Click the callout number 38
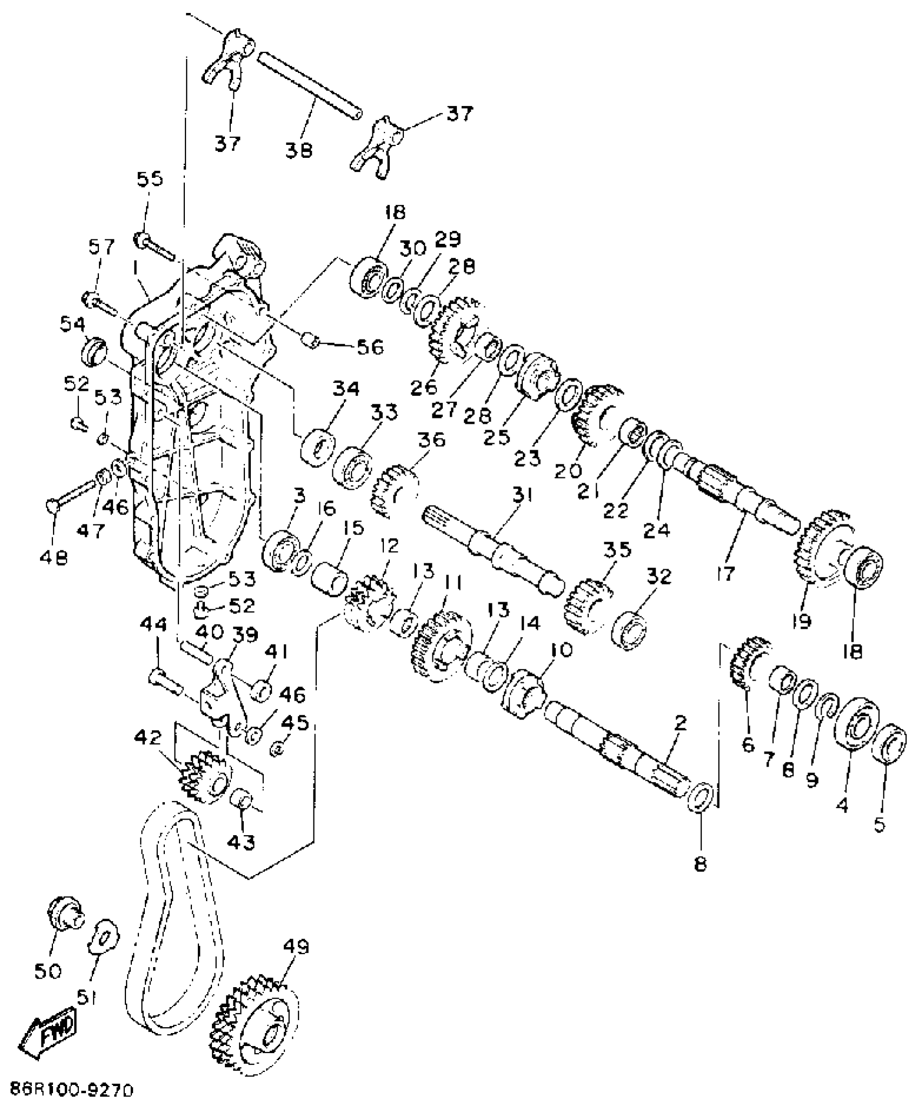point(299,149)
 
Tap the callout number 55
point(150,178)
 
